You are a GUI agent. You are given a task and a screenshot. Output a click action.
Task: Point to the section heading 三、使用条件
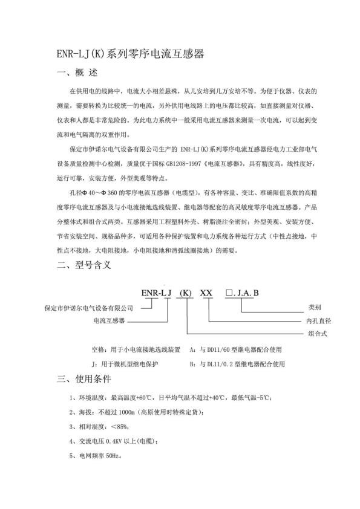[83, 380]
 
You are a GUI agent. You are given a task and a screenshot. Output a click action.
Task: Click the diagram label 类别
[315, 306]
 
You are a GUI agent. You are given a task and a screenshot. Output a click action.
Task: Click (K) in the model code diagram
[186, 293]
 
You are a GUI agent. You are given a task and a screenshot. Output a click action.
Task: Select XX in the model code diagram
[206, 293]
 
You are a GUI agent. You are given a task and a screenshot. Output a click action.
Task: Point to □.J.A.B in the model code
[242, 293]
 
